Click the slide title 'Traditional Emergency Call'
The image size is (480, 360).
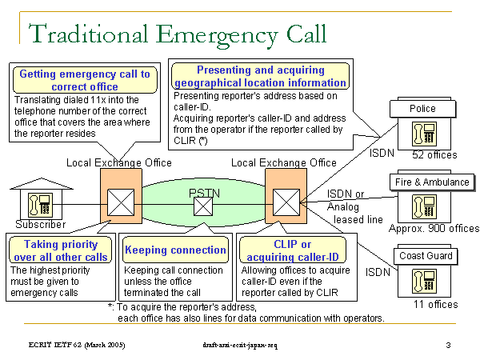click(178, 34)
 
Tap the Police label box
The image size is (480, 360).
click(422, 108)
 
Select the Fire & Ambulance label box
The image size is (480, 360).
click(432, 182)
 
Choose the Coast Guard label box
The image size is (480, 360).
click(425, 256)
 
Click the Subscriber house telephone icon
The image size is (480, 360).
click(36, 203)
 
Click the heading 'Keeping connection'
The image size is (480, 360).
click(175, 250)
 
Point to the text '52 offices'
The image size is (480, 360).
click(434, 154)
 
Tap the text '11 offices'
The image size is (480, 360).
click(434, 304)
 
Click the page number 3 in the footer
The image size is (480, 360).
click(449, 344)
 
